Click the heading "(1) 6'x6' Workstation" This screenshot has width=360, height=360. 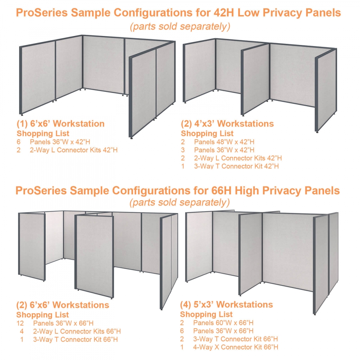[x=60, y=124]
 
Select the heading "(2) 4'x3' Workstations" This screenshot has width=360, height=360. [x=227, y=124]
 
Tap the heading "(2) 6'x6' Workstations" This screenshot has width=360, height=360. [x=63, y=305]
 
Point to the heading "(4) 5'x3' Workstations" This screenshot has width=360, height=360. [x=226, y=305]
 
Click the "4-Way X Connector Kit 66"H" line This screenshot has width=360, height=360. [x=235, y=347]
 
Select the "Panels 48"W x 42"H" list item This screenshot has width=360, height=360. [x=224, y=141]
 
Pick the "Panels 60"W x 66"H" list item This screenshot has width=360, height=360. [x=223, y=323]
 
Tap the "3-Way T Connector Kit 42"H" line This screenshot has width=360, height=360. [x=236, y=166]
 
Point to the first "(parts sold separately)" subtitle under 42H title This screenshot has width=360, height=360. [x=180, y=26]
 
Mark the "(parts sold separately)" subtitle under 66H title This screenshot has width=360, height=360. [x=180, y=203]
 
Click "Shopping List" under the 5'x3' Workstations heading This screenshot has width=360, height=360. [x=206, y=314]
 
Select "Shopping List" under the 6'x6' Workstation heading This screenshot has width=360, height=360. [x=43, y=133]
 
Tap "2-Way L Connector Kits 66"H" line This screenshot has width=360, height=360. [x=77, y=331]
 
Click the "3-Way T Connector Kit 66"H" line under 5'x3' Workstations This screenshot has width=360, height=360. [x=235, y=339]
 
